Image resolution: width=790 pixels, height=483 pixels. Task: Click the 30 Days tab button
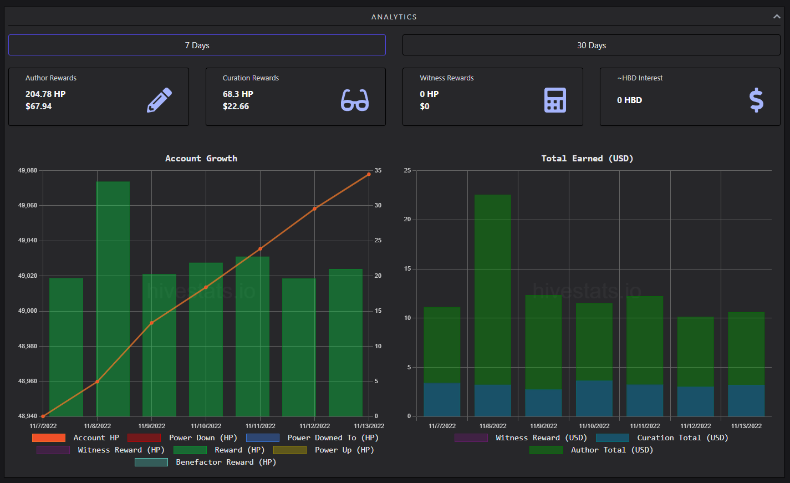tap(591, 45)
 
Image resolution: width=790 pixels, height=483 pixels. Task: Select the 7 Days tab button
tap(197, 45)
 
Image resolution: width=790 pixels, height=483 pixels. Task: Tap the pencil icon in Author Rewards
tap(160, 100)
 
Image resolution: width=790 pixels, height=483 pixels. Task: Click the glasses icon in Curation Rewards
tap(354, 100)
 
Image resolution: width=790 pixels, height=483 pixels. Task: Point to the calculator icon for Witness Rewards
tap(555, 100)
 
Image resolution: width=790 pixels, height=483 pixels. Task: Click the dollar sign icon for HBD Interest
tap(756, 100)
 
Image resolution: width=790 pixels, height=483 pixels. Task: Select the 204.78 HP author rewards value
tap(45, 94)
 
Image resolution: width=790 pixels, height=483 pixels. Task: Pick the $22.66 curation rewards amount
tap(236, 106)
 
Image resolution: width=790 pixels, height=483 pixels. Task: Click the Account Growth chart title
tap(201, 159)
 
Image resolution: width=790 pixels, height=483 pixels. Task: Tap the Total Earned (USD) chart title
tap(587, 159)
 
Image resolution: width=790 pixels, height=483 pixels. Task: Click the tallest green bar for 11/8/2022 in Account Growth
tap(113, 299)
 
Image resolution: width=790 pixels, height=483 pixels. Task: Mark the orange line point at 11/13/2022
tap(369, 174)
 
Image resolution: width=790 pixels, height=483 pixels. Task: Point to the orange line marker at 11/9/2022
tap(152, 323)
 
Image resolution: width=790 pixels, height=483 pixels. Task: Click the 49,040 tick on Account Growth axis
tap(28, 241)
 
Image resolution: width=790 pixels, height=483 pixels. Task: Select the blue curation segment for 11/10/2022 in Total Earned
tap(594, 398)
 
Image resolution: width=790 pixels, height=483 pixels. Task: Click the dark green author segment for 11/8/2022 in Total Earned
tap(493, 289)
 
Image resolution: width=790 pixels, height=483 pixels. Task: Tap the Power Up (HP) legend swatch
tap(290, 450)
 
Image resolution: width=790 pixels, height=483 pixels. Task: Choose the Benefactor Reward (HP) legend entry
tap(206, 462)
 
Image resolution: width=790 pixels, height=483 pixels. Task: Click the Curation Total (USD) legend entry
tap(662, 438)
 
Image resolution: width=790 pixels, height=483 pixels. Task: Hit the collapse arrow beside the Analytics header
tap(777, 17)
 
